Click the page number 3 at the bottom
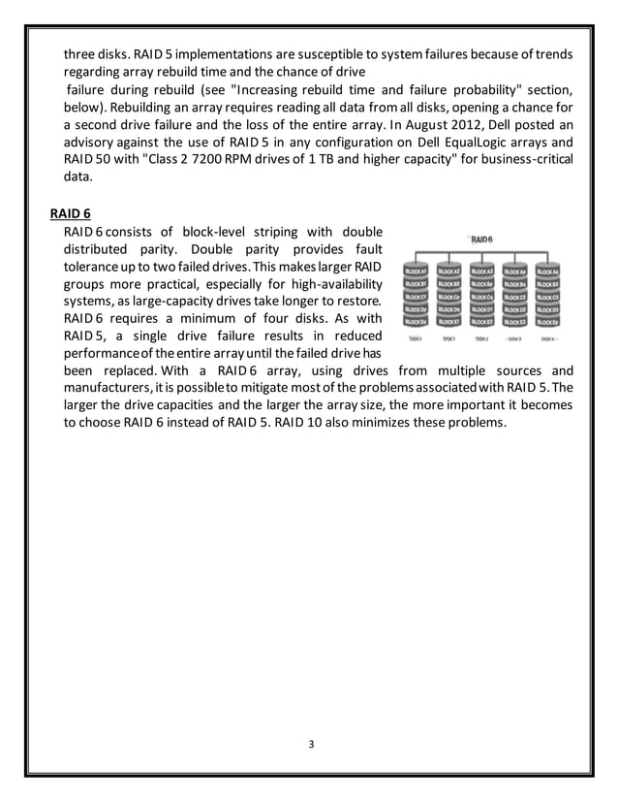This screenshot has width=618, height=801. tap(309, 743)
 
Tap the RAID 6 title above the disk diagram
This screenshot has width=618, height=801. tap(481, 238)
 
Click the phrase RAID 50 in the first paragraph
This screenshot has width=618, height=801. tap(87, 160)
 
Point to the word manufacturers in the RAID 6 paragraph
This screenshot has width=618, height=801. tap(109, 389)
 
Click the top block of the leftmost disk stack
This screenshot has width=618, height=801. tap(417, 272)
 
